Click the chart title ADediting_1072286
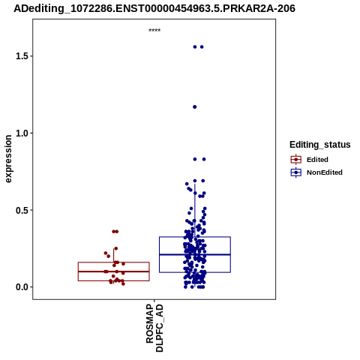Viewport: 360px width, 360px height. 154,8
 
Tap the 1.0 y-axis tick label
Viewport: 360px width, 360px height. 21,133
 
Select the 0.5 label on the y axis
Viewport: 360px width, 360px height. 21,210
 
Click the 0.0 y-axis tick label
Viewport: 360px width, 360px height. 21,287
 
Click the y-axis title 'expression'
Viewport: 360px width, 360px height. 8,159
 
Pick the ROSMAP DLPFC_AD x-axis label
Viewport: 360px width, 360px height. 154,328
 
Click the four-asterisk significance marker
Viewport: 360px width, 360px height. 154,31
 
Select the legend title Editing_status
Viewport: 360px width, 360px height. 320,145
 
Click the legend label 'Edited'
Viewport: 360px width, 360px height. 317,160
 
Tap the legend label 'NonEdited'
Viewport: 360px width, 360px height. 325,172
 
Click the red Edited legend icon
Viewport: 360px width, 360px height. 296,160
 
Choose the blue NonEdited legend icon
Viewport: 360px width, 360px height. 296,172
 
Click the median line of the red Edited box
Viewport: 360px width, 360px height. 114,271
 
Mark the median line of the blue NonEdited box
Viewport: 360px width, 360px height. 195,254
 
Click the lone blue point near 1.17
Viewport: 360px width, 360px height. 195,107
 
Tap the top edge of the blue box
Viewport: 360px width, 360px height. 195,237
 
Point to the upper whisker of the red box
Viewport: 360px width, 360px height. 114,255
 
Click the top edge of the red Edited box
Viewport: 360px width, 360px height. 114,262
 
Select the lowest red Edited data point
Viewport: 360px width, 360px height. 123,283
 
